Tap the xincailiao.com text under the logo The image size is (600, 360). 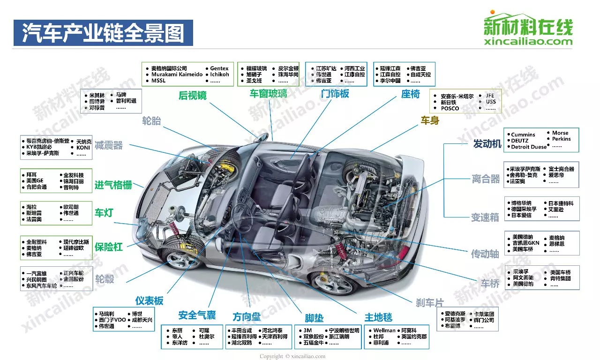pyautogui.click(x=528, y=41)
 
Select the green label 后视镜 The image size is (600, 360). pyautogui.click(x=192, y=95)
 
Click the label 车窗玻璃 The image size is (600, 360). pyautogui.click(x=268, y=94)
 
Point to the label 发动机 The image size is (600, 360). pyautogui.click(x=487, y=144)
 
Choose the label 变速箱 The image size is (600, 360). pyautogui.click(x=485, y=217)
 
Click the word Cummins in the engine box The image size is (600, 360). pyautogui.click(x=523, y=135)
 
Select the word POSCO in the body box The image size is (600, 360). pyautogui.click(x=450, y=108)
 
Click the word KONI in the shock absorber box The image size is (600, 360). pyautogui.click(x=83, y=147)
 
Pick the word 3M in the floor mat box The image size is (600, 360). pyautogui.click(x=307, y=330)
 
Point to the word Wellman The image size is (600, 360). pyautogui.click(x=384, y=330)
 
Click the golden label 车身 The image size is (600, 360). pyautogui.click(x=430, y=120)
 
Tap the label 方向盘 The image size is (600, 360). pyautogui.click(x=247, y=317)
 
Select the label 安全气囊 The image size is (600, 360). pyautogui.click(x=197, y=315)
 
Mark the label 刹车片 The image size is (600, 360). pyautogui.click(x=429, y=303)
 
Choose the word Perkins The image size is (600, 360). pyautogui.click(x=561, y=139)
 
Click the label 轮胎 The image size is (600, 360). pyautogui.click(x=151, y=121)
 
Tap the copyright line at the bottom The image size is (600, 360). pyautogui.click(x=292, y=356)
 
